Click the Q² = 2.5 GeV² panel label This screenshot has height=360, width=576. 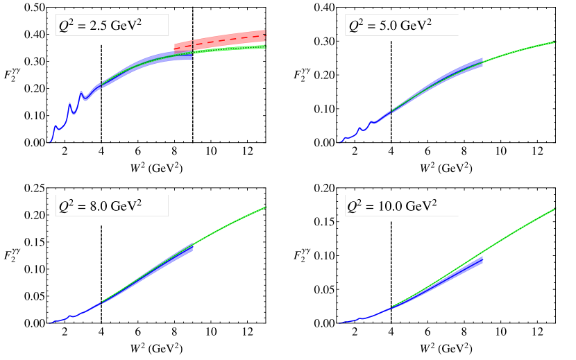click(112, 26)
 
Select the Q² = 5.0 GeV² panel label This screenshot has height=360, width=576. click(401, 26)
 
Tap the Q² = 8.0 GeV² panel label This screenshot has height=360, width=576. click(112, 206)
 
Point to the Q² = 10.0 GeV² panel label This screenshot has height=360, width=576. click(401, 206)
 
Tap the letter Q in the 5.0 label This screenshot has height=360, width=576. click(353, 27)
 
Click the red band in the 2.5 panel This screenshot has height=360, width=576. click(229, 39)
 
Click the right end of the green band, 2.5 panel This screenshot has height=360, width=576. click(265, 46)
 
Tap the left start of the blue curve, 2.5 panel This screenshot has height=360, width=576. click(50, 142)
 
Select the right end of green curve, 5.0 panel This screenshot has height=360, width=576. click(555, 42)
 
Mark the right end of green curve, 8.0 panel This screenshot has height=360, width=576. click(266, 207)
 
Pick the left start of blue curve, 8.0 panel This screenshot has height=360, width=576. click(50, 323)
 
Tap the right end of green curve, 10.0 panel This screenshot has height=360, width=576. click(555, 209)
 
